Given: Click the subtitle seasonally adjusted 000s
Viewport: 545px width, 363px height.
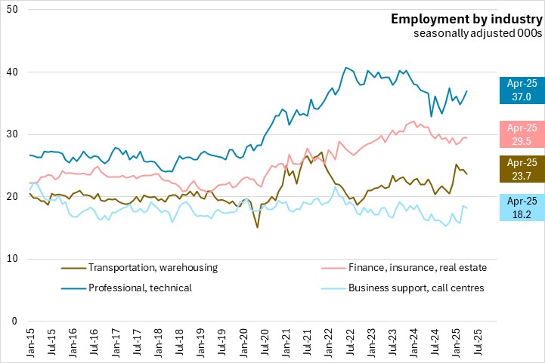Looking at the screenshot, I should pyautogui.click(x=478, y=33).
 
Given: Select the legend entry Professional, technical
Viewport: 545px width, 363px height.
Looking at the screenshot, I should pyautogui.click(x=140, y=288).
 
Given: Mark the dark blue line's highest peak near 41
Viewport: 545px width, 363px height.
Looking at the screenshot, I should pyautogui.click(x=345, y=68).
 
